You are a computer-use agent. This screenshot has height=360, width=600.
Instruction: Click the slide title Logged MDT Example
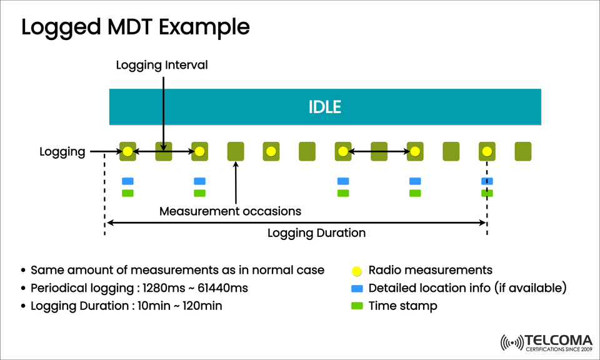135,27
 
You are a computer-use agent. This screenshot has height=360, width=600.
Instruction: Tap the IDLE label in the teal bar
325,107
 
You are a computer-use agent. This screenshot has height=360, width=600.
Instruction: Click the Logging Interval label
162,65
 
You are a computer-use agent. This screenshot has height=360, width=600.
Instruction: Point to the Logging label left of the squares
62,151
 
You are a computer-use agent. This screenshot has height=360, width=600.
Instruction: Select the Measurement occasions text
230,211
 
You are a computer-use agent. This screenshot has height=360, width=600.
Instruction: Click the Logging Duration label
316,233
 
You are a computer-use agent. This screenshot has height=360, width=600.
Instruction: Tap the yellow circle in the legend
356,271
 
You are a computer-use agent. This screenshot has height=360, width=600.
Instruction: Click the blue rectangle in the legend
356,289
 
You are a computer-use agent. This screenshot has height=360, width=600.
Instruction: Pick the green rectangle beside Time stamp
356,306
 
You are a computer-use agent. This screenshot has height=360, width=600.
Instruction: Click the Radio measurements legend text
430,270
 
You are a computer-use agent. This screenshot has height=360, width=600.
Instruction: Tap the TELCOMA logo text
558,340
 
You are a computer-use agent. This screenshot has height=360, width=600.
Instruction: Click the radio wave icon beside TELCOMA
512,343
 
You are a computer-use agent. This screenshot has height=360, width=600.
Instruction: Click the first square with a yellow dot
127,151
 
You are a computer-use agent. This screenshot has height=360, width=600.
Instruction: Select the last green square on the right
522,151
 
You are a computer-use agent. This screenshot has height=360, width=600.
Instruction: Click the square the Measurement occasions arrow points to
236,151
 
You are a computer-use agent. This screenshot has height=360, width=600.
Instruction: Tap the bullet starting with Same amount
177,270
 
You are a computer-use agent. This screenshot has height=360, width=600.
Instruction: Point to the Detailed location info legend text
467,288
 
